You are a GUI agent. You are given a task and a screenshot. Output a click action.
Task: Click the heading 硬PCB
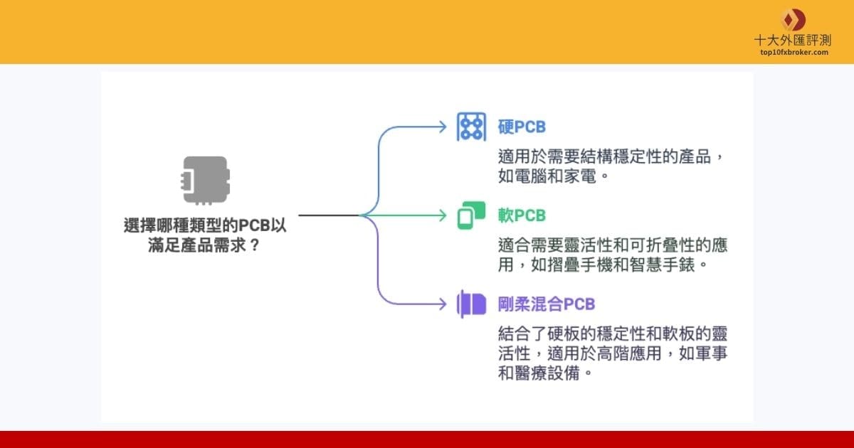522,127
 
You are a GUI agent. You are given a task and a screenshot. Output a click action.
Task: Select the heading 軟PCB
522,215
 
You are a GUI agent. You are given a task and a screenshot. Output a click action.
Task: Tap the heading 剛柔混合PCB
547,304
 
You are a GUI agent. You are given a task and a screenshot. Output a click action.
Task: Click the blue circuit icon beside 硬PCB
471,127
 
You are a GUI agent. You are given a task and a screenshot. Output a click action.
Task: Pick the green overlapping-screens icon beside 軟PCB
471,215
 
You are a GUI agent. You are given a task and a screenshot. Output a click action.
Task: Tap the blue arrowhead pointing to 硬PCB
441,127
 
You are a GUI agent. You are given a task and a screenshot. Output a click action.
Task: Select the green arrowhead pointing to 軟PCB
441,215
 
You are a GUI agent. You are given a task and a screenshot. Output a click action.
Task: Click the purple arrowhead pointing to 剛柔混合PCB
441,304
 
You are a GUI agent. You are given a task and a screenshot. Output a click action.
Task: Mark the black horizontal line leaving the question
327,215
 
